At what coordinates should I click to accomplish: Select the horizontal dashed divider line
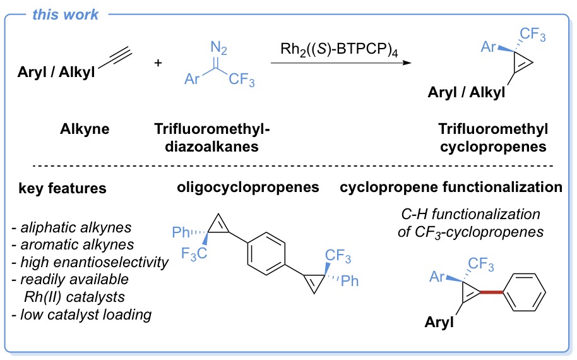click(x=288, y=165)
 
